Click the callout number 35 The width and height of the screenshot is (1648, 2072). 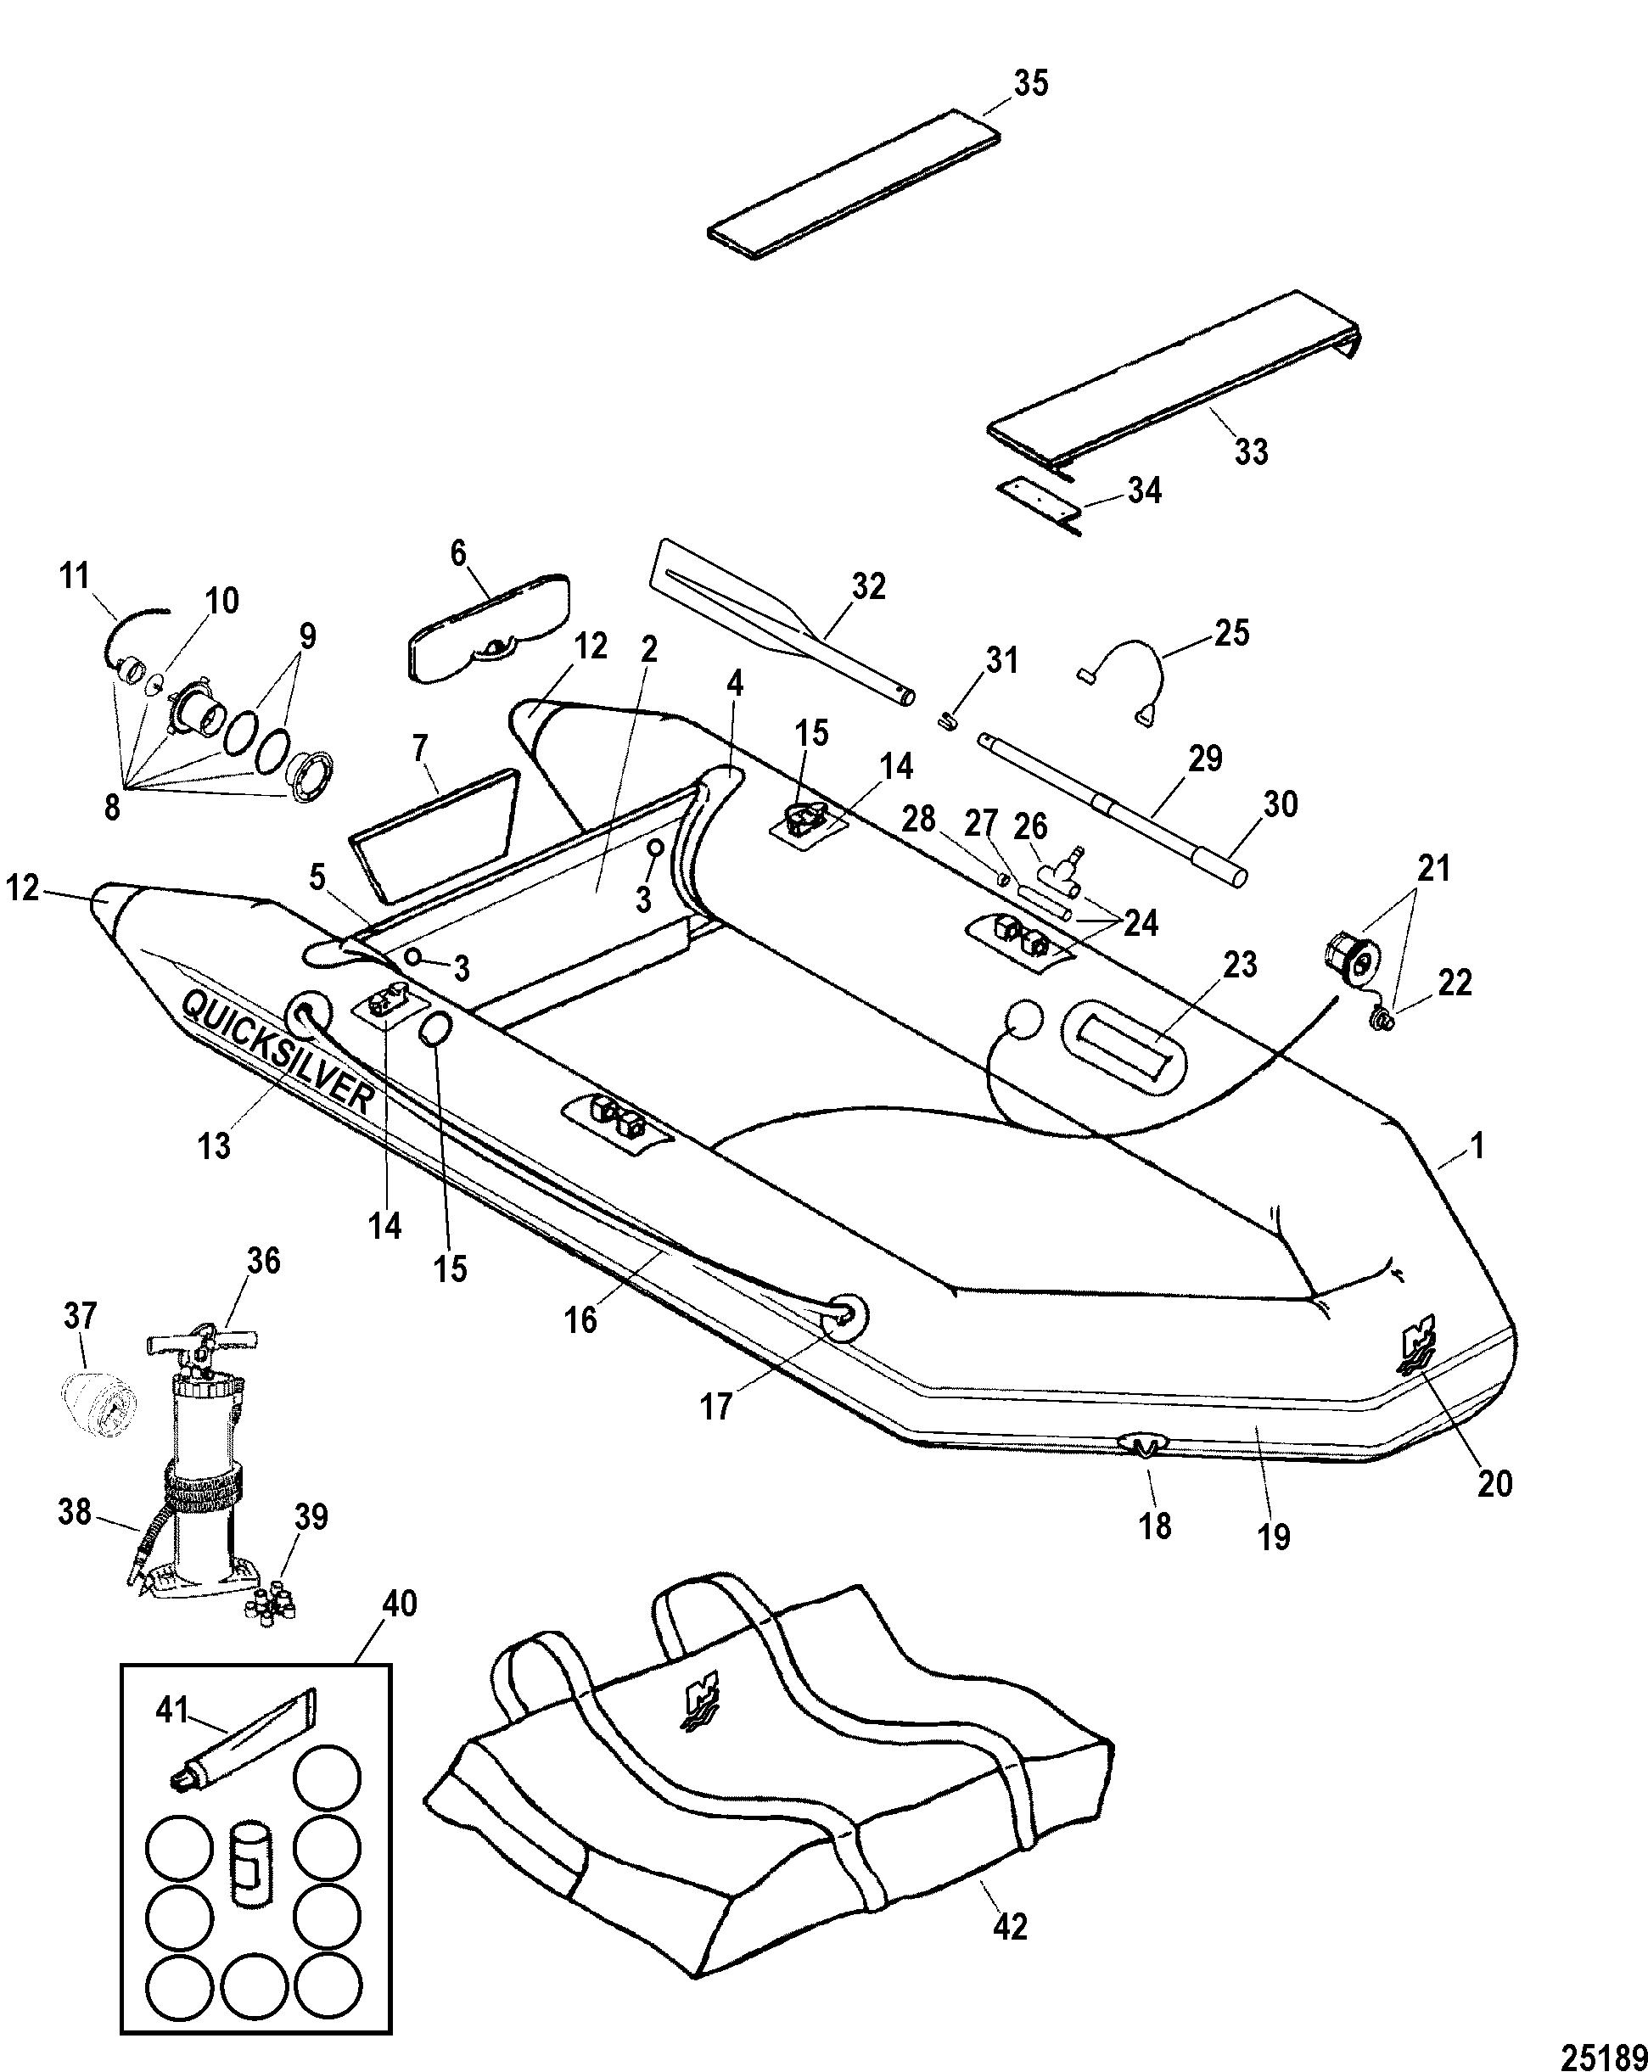(x=1031, y=85)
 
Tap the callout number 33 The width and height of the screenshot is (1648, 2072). (x=1250, y=451)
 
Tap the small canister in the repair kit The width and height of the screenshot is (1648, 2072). (x=249, y=1861)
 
